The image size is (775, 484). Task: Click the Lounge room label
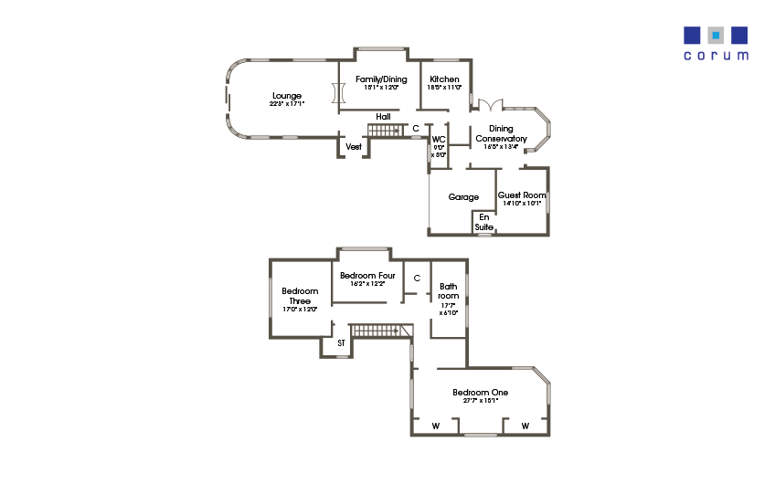point(286,95)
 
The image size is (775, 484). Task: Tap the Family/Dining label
point(381,79)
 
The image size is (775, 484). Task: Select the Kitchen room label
point(444,79)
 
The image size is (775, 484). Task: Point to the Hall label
point(383,117)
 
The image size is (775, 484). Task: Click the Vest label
point(353,146)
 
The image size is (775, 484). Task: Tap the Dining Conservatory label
point(501,133)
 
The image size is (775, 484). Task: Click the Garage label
point(463,196)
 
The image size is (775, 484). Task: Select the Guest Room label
point(522,195)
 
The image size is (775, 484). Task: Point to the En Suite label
point(483,222)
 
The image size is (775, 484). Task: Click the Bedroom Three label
point(300,296)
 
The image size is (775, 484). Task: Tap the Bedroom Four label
point(367,275)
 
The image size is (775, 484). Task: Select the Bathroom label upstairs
point(448,290)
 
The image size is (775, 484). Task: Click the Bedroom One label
point(481,393)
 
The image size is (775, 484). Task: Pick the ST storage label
point(341,343)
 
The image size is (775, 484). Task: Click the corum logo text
point(716,55)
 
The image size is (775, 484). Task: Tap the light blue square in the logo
point(716,36)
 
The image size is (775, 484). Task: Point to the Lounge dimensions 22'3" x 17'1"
point(287,104)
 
